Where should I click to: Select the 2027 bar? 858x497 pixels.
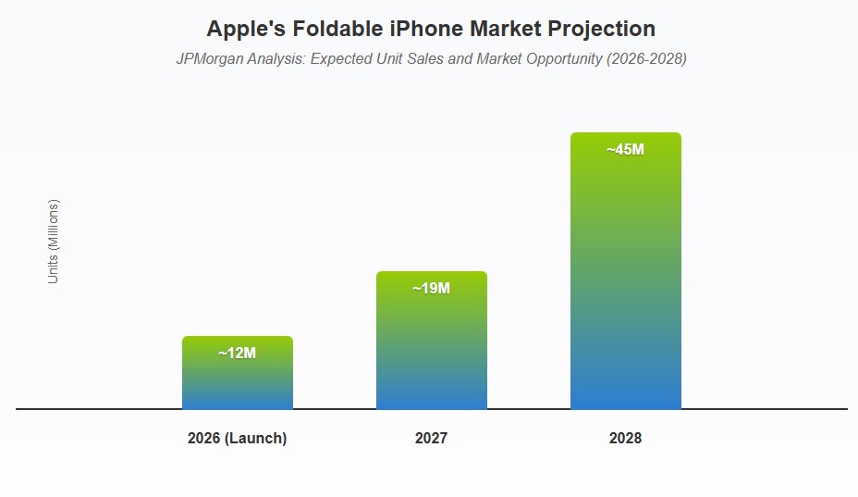tap(431, 352)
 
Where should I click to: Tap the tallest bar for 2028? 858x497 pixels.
tap(625, 278)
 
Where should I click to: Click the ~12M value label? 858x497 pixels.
tap(237, 353)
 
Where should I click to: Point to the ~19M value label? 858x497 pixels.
tap(431, 288)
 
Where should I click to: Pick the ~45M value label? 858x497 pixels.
tap(625, 149)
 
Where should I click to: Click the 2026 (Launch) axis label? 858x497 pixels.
tap(237, 439)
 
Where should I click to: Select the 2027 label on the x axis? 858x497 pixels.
tap(431, 439)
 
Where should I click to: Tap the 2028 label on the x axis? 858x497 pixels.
tap(625, 439)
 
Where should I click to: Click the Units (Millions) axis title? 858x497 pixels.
tap(54, 242)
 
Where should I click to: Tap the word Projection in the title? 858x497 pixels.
tap(601, 29)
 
